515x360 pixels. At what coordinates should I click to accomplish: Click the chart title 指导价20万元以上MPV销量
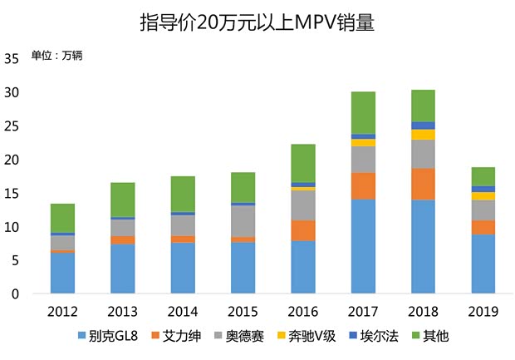tap(257, 23)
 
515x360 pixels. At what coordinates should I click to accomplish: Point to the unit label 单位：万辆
tap(56, 56)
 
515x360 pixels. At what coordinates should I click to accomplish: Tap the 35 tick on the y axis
tap(12, 59)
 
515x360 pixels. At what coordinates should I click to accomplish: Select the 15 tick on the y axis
tap(12, 194)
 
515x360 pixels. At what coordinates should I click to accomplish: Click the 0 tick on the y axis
tap(15, 294)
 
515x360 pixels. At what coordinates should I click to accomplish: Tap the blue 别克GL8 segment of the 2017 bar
tap(363, 247)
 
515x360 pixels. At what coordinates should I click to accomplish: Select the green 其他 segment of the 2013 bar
tap(123, 200)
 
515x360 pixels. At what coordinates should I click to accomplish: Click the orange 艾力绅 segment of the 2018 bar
tap(423, 184)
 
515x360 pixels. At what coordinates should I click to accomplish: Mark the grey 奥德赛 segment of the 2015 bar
tap(243, 220)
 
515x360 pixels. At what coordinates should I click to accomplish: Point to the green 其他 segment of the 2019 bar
tap(483, 176)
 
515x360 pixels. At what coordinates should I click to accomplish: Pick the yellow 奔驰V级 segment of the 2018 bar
tap(423, 135)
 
